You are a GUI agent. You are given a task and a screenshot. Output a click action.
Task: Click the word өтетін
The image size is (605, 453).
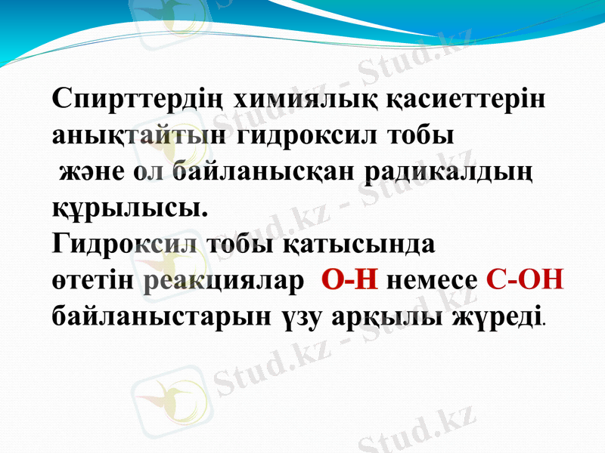[94, 281]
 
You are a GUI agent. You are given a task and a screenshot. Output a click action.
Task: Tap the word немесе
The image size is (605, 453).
[432, 281]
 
